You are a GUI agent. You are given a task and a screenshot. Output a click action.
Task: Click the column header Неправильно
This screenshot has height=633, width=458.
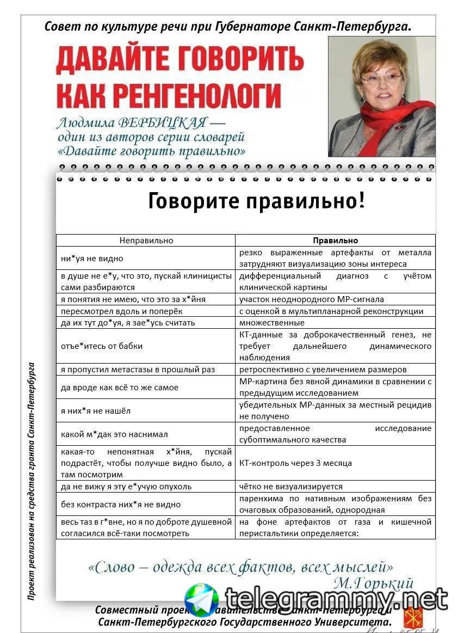point(146,240)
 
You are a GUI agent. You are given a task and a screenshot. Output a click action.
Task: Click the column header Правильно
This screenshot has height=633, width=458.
point(335,240)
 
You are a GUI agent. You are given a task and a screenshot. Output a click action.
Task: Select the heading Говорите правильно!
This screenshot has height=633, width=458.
point(256,201)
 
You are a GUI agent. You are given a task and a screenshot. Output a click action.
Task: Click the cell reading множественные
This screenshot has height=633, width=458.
point(272,323)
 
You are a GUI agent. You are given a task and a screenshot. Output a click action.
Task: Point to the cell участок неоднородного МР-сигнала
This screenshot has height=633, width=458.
point(312,299)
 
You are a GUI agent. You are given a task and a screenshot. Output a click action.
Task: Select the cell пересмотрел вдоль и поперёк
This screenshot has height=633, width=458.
point(122,311)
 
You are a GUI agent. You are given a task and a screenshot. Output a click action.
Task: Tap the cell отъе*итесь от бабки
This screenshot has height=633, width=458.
point(102,346)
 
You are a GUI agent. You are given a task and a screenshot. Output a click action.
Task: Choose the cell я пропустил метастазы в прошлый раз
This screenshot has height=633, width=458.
point(138,370)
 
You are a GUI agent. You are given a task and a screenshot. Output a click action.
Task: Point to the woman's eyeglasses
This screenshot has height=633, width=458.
point(381,79)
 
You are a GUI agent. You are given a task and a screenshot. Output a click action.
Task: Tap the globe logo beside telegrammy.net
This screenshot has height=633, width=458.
point(201,599)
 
